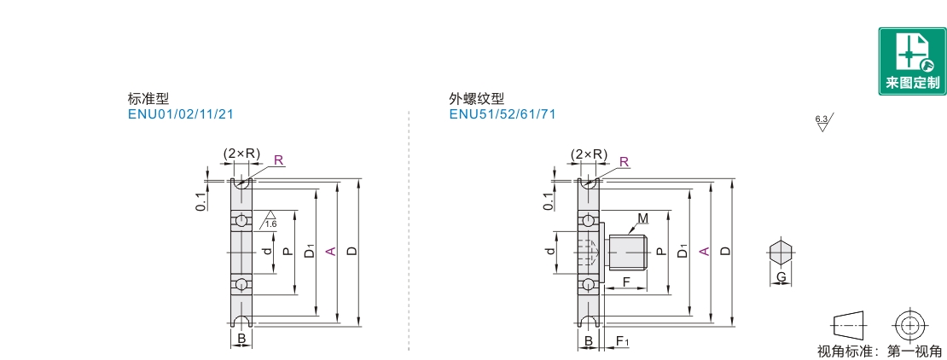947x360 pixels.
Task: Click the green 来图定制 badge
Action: tap(912, 61)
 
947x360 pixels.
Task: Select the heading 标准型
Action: tap(142, 99)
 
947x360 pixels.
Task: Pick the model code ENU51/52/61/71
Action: tap(502, 114)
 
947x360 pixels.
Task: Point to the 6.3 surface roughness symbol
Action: tap(823, 123)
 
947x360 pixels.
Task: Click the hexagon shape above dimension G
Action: tap(780, 253)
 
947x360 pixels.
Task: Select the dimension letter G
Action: tap(780, 277)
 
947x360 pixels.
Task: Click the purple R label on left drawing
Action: tap(278, 160)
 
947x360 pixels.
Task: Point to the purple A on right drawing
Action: tap(704, 251)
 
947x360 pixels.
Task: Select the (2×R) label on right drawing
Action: tap(590, 154)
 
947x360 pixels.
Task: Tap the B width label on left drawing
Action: tap(241, 340)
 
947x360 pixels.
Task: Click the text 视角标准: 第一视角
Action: tap(880, 351)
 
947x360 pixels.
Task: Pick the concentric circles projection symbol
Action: tap(910, 325)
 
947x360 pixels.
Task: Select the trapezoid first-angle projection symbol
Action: tap(848, 325)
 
